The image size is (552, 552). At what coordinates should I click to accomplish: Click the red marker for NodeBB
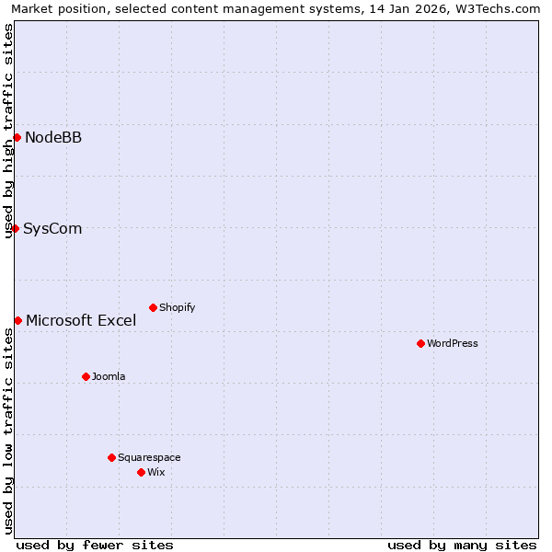click(17, 137)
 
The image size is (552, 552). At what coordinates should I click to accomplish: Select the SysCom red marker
click(15, 228)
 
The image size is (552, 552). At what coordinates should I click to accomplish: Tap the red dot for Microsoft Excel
click(17, 320)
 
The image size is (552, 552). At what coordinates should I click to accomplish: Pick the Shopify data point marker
click(153, 307)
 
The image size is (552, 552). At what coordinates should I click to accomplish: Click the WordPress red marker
click(420, 343)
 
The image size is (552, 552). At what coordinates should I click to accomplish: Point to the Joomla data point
click(86, 376)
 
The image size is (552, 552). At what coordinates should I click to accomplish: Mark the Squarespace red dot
click(111, 457)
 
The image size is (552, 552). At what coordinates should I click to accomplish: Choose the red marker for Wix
click(141, 472)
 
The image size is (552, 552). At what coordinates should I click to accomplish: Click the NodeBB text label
click(53, 138)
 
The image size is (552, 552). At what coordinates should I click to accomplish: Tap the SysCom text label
click(52, 229)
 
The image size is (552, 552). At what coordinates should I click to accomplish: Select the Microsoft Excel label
click(81, 321)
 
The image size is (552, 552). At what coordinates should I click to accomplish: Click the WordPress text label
click(453, 344)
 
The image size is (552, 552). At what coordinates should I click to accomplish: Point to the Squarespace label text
click(149, 458)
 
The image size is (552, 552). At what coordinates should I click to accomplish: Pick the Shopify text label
click(178, 308)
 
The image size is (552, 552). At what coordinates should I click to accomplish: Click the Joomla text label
click(109, 377)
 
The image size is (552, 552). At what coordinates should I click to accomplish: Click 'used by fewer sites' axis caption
click(95, 546)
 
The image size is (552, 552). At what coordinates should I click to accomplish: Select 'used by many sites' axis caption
click(462, 546)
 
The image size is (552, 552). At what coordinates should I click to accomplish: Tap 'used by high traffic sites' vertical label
click(8, 131)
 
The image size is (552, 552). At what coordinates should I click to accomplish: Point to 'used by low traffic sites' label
click(8, 431)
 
